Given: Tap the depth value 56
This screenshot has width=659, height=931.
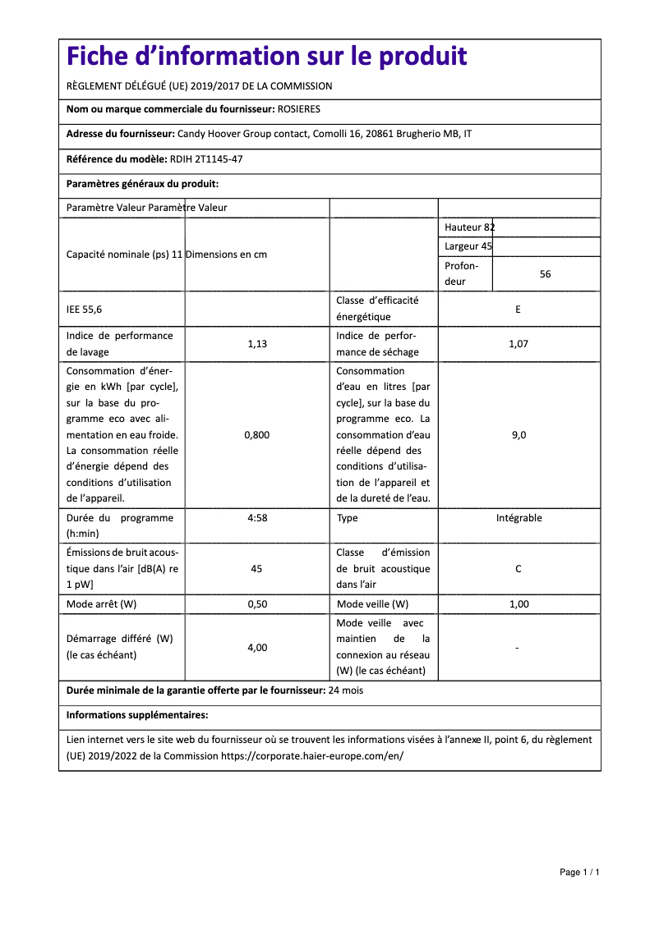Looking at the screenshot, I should (x=546, y=274).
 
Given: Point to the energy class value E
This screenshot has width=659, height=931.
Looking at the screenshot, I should (x=518, y=310).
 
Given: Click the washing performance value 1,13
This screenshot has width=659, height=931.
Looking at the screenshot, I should (x=257, y=344).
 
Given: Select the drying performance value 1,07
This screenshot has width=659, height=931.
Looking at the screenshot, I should (x=518, y=344).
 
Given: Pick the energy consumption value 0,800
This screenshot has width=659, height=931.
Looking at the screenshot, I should (x=257, y=435).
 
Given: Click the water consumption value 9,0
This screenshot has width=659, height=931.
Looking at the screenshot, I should (x=518, y=435).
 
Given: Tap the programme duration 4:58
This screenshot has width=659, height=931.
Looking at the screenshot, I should (x=257, y=518).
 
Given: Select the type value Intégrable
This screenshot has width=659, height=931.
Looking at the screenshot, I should (x=518, y=518).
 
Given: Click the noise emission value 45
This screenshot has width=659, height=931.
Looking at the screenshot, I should (x=257, y=569).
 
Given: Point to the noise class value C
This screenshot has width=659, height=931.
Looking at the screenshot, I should (x=518, y=569).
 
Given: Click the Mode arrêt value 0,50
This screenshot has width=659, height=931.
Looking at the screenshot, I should (x=257, y=604).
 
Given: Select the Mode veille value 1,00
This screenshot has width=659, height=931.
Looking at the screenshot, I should (x=518, y=604).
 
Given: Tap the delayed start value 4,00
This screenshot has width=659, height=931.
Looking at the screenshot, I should (x=257, y=648).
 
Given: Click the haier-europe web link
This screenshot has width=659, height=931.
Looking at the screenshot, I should (x=312, y=756).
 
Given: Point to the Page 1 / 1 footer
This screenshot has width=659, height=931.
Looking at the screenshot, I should (x=579, y=872).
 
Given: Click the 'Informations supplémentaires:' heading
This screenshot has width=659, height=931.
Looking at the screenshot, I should (x=137, y=715).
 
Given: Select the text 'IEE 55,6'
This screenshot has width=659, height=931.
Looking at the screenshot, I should (x=85, y=310).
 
